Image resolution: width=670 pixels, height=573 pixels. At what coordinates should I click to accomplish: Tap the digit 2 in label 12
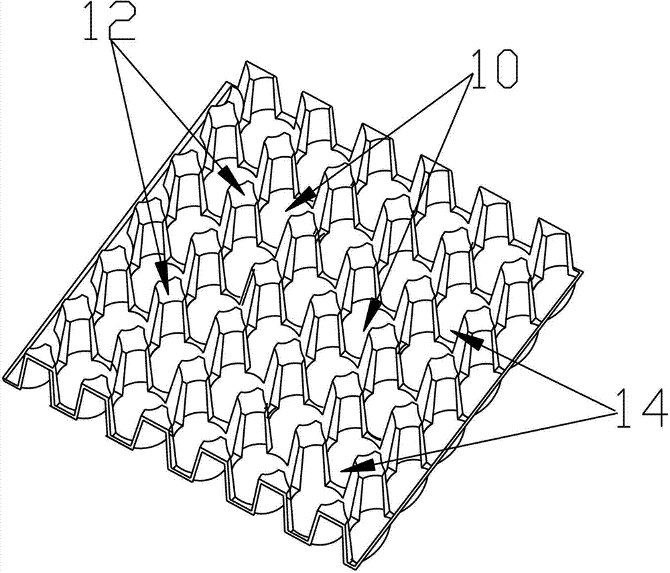(122, 22)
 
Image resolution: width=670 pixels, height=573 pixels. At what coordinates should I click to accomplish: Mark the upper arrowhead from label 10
(301, 200)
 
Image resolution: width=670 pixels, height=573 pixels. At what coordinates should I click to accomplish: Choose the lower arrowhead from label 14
(358, 466)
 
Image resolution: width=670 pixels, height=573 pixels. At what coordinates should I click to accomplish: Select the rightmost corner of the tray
(583, 271)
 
